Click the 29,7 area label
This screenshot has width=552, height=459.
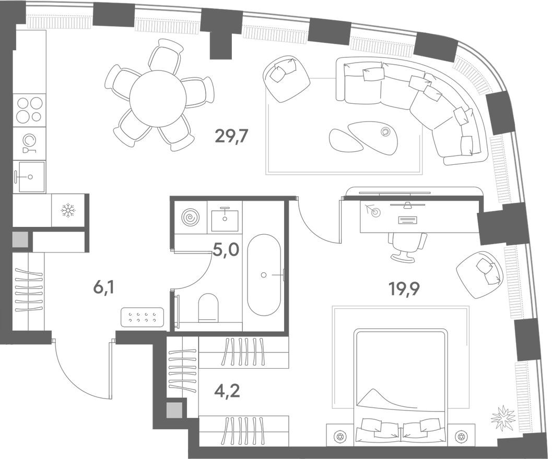click(231, 137)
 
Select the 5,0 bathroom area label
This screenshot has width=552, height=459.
click(226, 250)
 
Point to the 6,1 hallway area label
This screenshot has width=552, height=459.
click(103, 287)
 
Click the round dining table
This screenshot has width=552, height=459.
click(158, 98)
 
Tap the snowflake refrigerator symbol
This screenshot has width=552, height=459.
click(68, 210)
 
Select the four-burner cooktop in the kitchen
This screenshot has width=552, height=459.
click(29, 110)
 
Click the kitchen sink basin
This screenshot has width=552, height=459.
click(29, 177)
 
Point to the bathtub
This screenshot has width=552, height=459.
click(264, 275)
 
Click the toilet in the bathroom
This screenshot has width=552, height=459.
click(208, 307)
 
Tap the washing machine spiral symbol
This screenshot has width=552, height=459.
click(190, 216)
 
